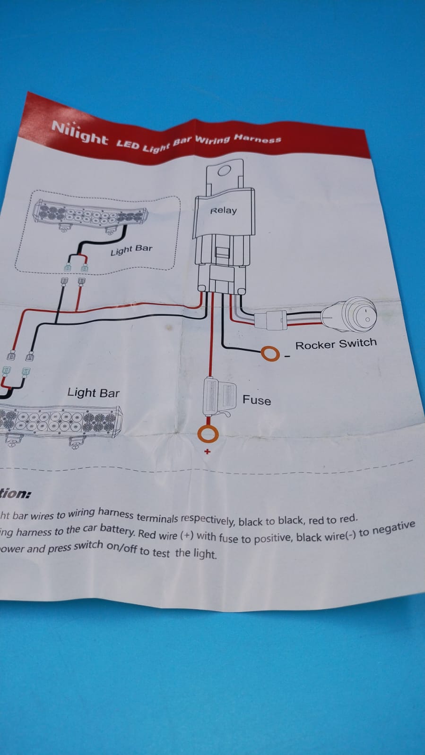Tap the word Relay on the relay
click(x=223, y=211)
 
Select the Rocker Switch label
click(x=336, y=344)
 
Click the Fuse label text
click(x=257, y=400)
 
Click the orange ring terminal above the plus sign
click(x=208, y=433)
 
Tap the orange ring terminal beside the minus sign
click(x=271, y=353)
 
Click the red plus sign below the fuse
click(x=207, y=452)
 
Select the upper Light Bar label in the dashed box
click(x=131, y=250)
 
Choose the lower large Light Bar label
click(x=93, y=393)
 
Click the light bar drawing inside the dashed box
click(x=90, y=214)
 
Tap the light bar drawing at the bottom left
click(x=59, y=421)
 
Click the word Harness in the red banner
click(x=258, y=138)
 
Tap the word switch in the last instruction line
click(x=88, y=545)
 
